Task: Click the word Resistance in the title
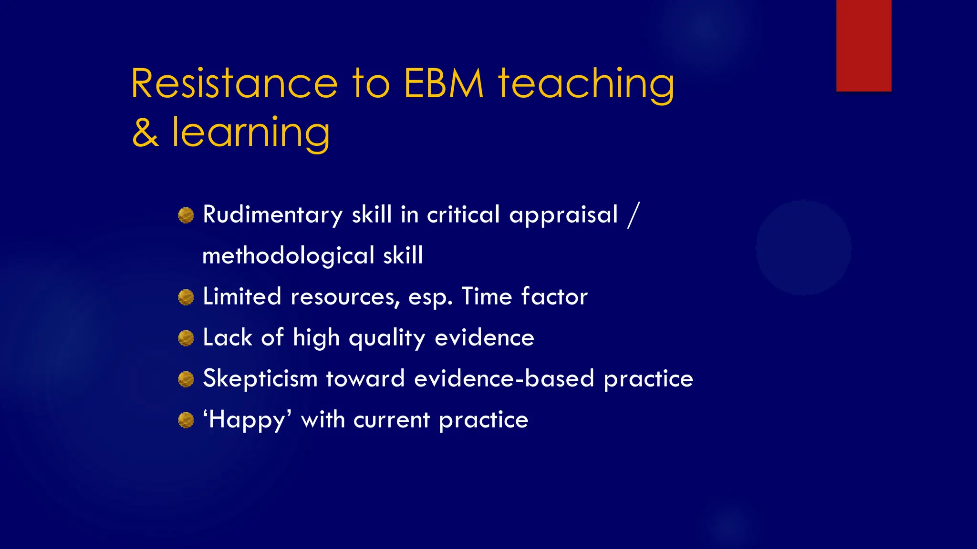234,84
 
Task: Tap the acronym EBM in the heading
444,84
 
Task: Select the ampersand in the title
145,133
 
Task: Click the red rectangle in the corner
863,45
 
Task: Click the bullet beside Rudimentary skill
186,215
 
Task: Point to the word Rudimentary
272,214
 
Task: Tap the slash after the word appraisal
633,215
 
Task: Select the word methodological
288,256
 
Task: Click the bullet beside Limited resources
186,297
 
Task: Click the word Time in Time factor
487,296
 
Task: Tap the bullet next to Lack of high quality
186,338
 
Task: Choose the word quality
387,338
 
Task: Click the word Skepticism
260,379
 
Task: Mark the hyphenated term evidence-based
504,379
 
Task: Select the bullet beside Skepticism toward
186,380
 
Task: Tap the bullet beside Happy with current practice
186,420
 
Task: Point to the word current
392,420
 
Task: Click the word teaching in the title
586,84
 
